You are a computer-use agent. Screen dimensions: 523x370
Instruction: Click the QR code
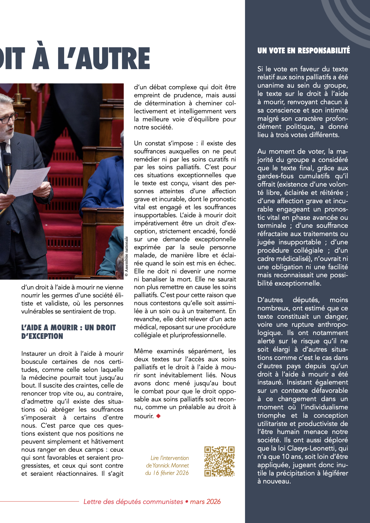tap(219, 461)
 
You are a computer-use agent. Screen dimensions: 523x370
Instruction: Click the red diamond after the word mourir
tap(158, 416)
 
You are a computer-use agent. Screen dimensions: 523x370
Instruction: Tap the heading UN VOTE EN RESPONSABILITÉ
tap(303, 51)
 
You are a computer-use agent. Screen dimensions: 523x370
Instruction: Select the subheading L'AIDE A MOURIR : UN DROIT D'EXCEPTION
tap(68, 332)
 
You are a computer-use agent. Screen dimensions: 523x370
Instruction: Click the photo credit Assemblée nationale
tap(126, 256)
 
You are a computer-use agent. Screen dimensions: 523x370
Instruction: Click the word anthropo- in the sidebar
tap(333, 325)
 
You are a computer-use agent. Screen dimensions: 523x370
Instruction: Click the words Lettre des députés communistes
tap(133, 502)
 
